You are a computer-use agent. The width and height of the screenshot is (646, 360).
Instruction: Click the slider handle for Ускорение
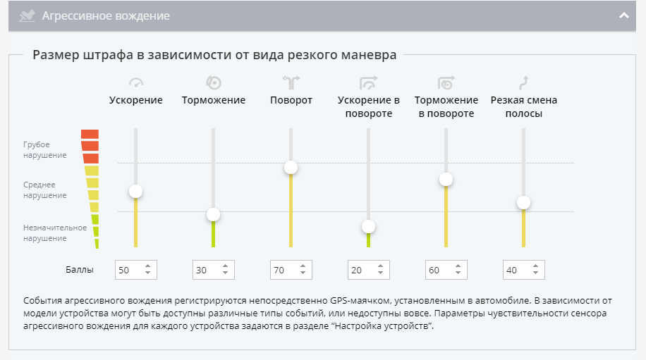coord(135,191)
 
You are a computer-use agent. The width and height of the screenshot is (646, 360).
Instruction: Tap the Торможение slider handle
coord(213,215)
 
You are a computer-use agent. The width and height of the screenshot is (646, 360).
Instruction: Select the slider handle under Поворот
coord(291,167)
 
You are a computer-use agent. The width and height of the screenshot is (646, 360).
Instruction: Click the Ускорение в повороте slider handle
coord(368,227)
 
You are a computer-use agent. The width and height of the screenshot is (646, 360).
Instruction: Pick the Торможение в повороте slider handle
coord(446,179)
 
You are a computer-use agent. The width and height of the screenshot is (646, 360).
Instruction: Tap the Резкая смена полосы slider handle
coord(523,203)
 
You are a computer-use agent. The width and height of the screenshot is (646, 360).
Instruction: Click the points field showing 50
coord(129,270)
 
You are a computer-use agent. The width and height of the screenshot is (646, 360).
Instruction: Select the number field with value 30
coord(207,270)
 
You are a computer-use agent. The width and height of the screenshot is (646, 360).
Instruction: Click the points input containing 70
coord(284,270)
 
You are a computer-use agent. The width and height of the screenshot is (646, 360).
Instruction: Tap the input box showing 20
coord(362,270)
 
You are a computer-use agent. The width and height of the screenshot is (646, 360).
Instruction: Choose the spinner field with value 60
coord(439,270)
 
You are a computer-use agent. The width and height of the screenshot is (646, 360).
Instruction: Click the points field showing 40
coord(517,270)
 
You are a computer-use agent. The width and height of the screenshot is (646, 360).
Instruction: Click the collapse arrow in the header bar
coord(623,15)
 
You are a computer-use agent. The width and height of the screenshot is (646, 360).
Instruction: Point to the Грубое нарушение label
coord(45,149)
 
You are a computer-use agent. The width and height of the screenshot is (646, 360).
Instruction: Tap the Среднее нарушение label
coord(45,190)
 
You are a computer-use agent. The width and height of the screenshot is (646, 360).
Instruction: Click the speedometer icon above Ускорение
coord(136,82)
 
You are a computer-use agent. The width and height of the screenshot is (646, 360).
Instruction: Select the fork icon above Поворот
coord(291,82)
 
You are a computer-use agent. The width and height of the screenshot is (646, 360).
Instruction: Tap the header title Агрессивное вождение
coord(106,15)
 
